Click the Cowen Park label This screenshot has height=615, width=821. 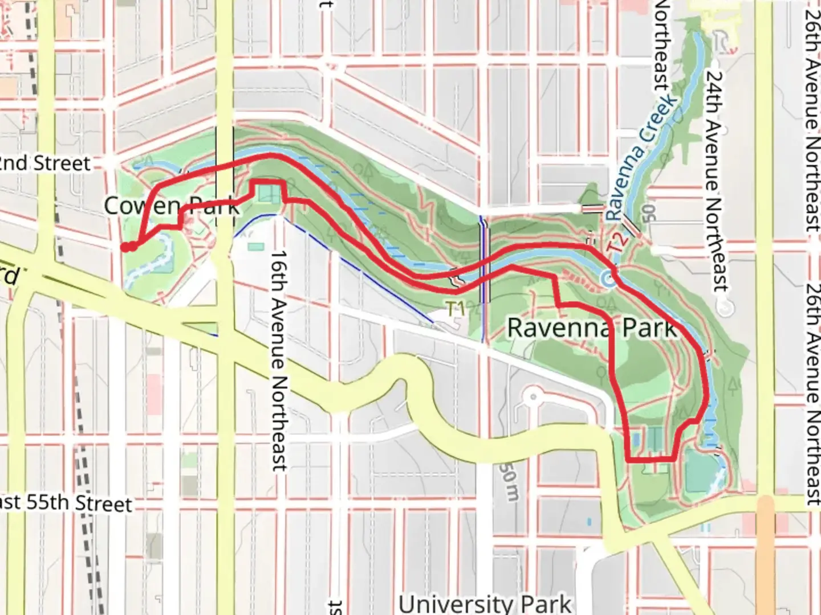171,206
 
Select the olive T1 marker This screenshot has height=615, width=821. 454,309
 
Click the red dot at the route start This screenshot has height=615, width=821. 124,247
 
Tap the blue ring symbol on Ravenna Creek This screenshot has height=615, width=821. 609,279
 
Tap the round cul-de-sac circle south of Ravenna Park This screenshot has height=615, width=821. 533,396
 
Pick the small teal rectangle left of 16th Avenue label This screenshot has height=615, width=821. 256,247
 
